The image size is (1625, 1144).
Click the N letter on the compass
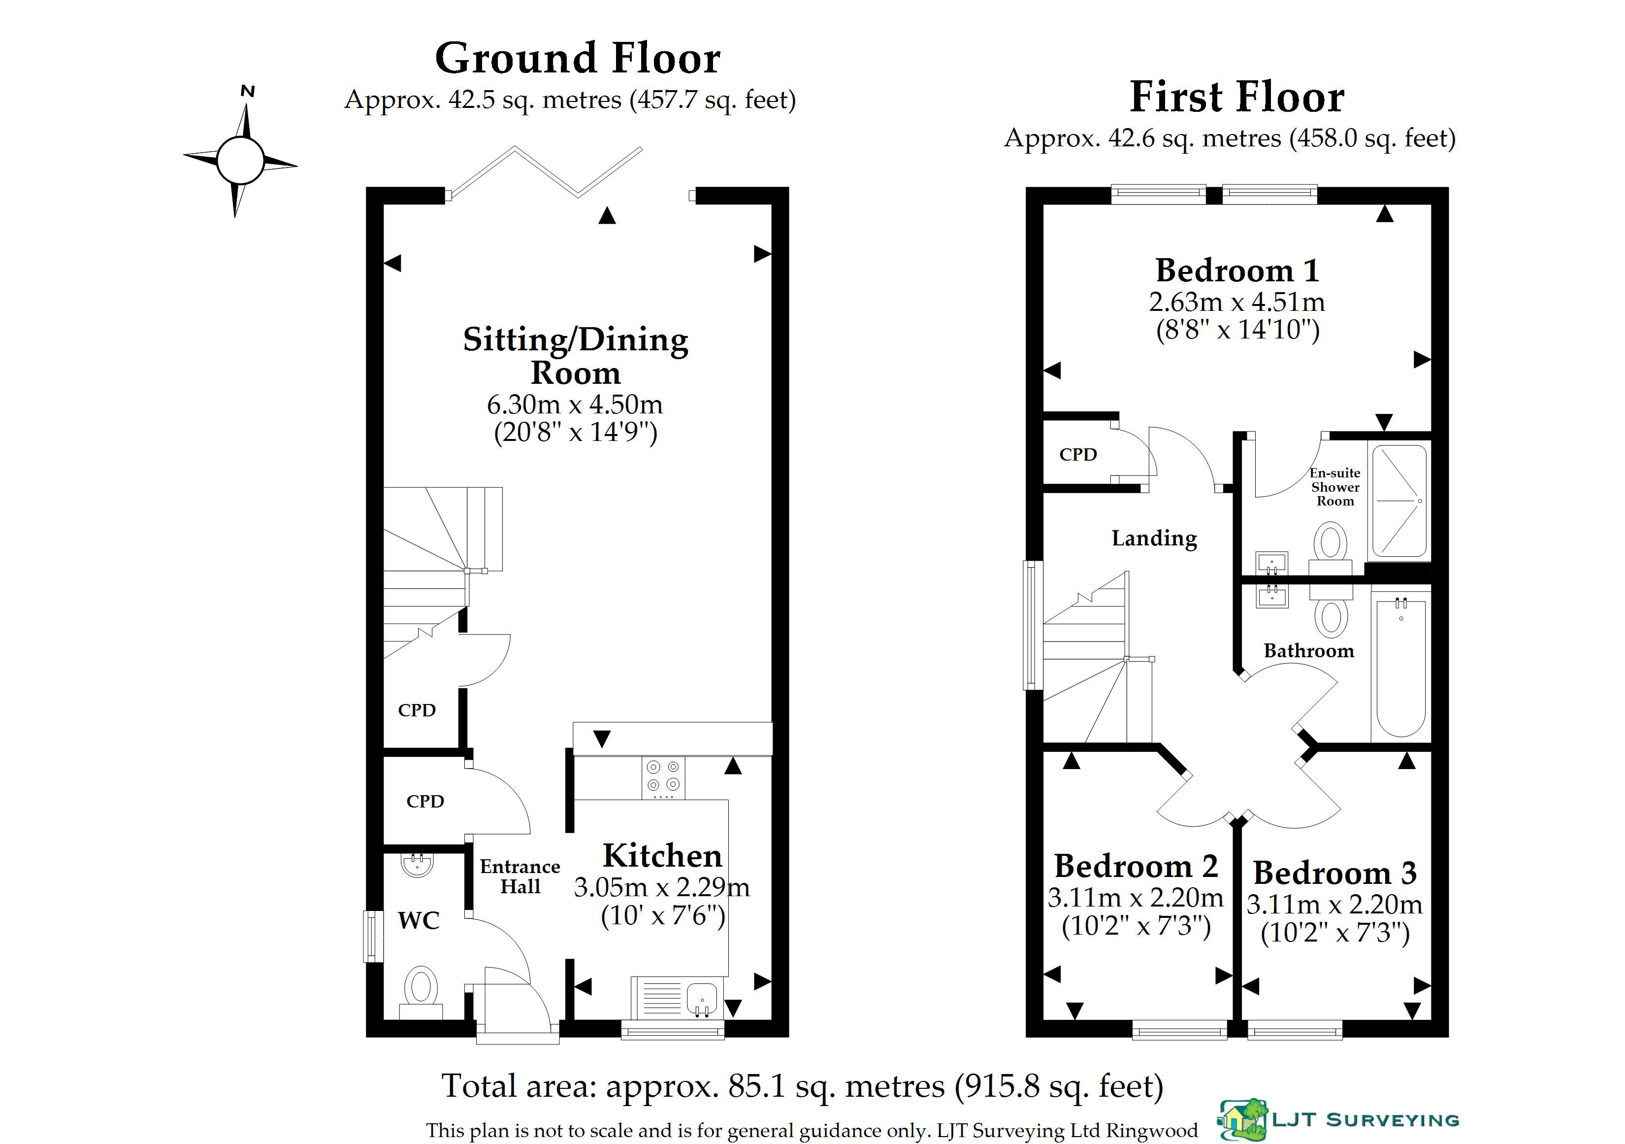[x=248, y=91]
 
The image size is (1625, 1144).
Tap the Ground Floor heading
[x=578, y=58]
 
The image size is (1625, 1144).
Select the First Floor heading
[x=1236, y=97]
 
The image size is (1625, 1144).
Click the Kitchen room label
[x=662, y=856]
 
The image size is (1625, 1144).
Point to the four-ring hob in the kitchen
[x=663, y=777]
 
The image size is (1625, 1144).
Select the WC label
[x=419, y=920]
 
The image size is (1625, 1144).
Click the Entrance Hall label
[x=520, y=876]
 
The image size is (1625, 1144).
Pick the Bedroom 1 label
[x=1237, y=270]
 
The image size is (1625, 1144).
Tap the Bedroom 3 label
[x=1335, y=873]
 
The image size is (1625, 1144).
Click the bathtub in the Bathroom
[x=1401, y=668]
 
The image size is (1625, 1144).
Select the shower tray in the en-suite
[x=1400, y=501]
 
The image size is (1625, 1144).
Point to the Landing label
[x=1154, y=538]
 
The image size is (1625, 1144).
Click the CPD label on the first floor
[x=1078, y=454]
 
